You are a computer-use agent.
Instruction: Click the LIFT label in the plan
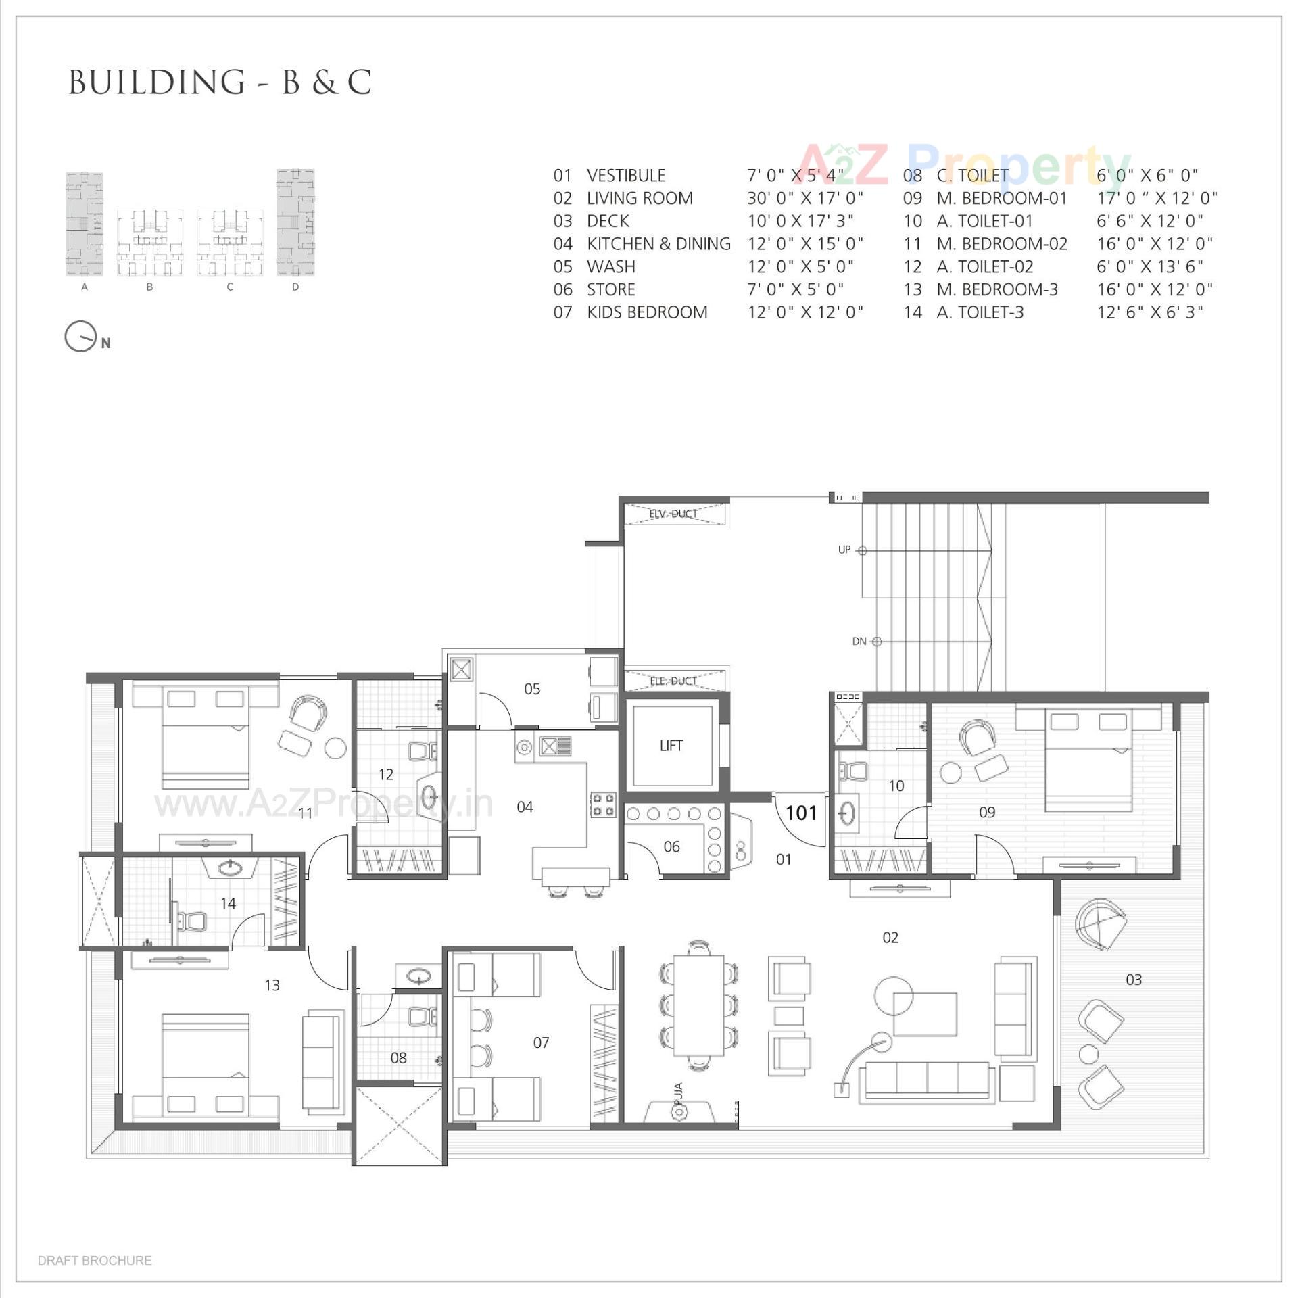(671, 746)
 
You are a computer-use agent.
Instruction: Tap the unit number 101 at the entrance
(801, 813)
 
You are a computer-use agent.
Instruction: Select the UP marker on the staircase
(844, 550)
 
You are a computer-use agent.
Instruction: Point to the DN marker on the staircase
(859, 641)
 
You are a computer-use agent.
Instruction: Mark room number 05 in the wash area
(532, 689)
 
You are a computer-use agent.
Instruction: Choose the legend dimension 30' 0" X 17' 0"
(804, 198)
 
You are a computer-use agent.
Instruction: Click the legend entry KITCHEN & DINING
(658, 243)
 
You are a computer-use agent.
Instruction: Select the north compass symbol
(81, 336)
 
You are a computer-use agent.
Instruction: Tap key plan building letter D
(295, 287)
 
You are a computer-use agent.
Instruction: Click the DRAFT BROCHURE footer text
(95, 1260)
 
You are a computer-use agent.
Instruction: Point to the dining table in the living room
(698, 1005)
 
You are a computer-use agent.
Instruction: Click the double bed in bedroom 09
(1088, 761)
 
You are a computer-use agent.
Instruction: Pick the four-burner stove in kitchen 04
(603, 804)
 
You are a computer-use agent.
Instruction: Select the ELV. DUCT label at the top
(673, 514)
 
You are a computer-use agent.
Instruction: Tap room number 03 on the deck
(1134, 980)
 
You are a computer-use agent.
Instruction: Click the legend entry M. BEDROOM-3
(996, 289)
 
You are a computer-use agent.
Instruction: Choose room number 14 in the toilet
(228, 903)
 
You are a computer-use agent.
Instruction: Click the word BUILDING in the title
(157, 82)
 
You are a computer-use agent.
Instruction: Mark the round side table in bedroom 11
(335, 748)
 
